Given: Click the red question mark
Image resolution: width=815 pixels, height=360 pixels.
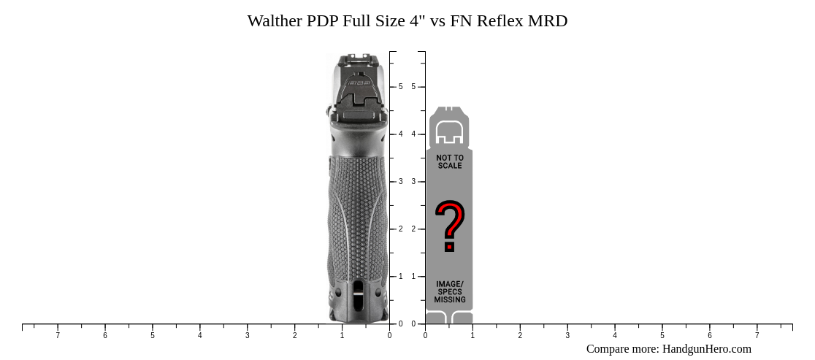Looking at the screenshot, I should [450, 226].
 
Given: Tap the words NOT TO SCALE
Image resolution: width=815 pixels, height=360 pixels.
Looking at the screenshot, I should [450, 161].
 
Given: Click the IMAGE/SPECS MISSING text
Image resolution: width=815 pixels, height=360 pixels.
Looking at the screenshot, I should [450, 291].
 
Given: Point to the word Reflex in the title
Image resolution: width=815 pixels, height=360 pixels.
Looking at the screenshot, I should [500, 20].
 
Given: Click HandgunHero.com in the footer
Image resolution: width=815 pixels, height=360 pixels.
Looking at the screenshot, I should [706, 349].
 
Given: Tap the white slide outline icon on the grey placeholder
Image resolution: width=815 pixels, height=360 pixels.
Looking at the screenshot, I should [450, 132].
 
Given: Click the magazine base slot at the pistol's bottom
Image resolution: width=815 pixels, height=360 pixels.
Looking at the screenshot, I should [358, 296].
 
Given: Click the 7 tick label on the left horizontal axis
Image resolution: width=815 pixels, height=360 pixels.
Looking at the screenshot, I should [58, 336].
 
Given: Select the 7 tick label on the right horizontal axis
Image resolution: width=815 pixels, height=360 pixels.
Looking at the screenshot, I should [757, 336].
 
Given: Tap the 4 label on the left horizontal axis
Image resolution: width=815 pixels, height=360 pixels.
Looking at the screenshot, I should [199, 336].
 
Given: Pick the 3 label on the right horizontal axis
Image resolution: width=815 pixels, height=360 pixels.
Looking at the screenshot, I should [567, 336].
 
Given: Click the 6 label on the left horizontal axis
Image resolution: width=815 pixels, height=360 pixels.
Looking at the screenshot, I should [105, 336].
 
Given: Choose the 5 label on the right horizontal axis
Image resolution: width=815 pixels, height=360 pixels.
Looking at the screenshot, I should [662, 336].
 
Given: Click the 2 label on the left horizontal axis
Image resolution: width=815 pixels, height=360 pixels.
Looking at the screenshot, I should [294, 336].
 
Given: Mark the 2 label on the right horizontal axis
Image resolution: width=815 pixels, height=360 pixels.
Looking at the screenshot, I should [520, 336].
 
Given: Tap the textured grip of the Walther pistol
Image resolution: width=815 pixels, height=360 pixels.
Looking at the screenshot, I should [358, 212].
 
